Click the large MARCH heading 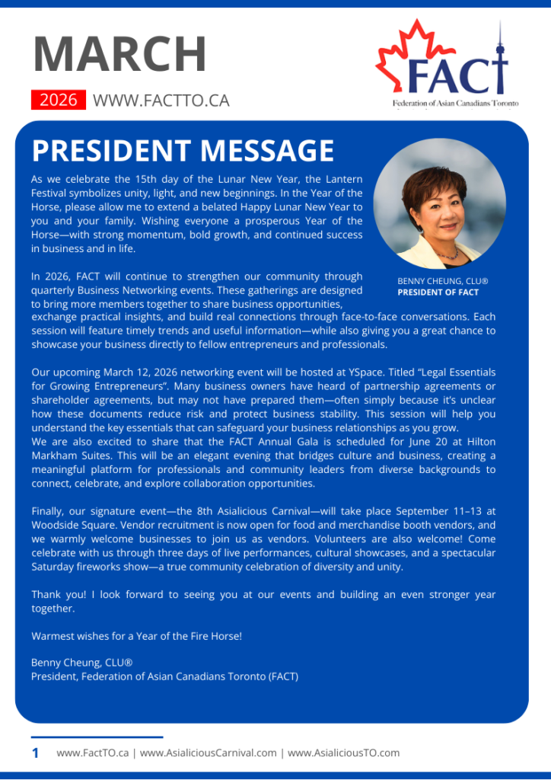click(x=119, y=55)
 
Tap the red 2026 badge click(x=58, y=100)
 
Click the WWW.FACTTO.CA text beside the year click(x=161, y=100)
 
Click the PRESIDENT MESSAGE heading click(x=183, y=151)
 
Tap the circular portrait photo click(x=440, y=204)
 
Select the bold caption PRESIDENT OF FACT click(x=438, y=292)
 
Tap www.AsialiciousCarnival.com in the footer click(x=209, y=753)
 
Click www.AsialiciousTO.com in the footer click(x=343, y=753)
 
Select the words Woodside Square click(x=66, y=525)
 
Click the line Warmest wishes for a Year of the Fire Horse click(x=136, y=635)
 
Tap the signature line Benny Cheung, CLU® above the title click(x=82, y=663)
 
